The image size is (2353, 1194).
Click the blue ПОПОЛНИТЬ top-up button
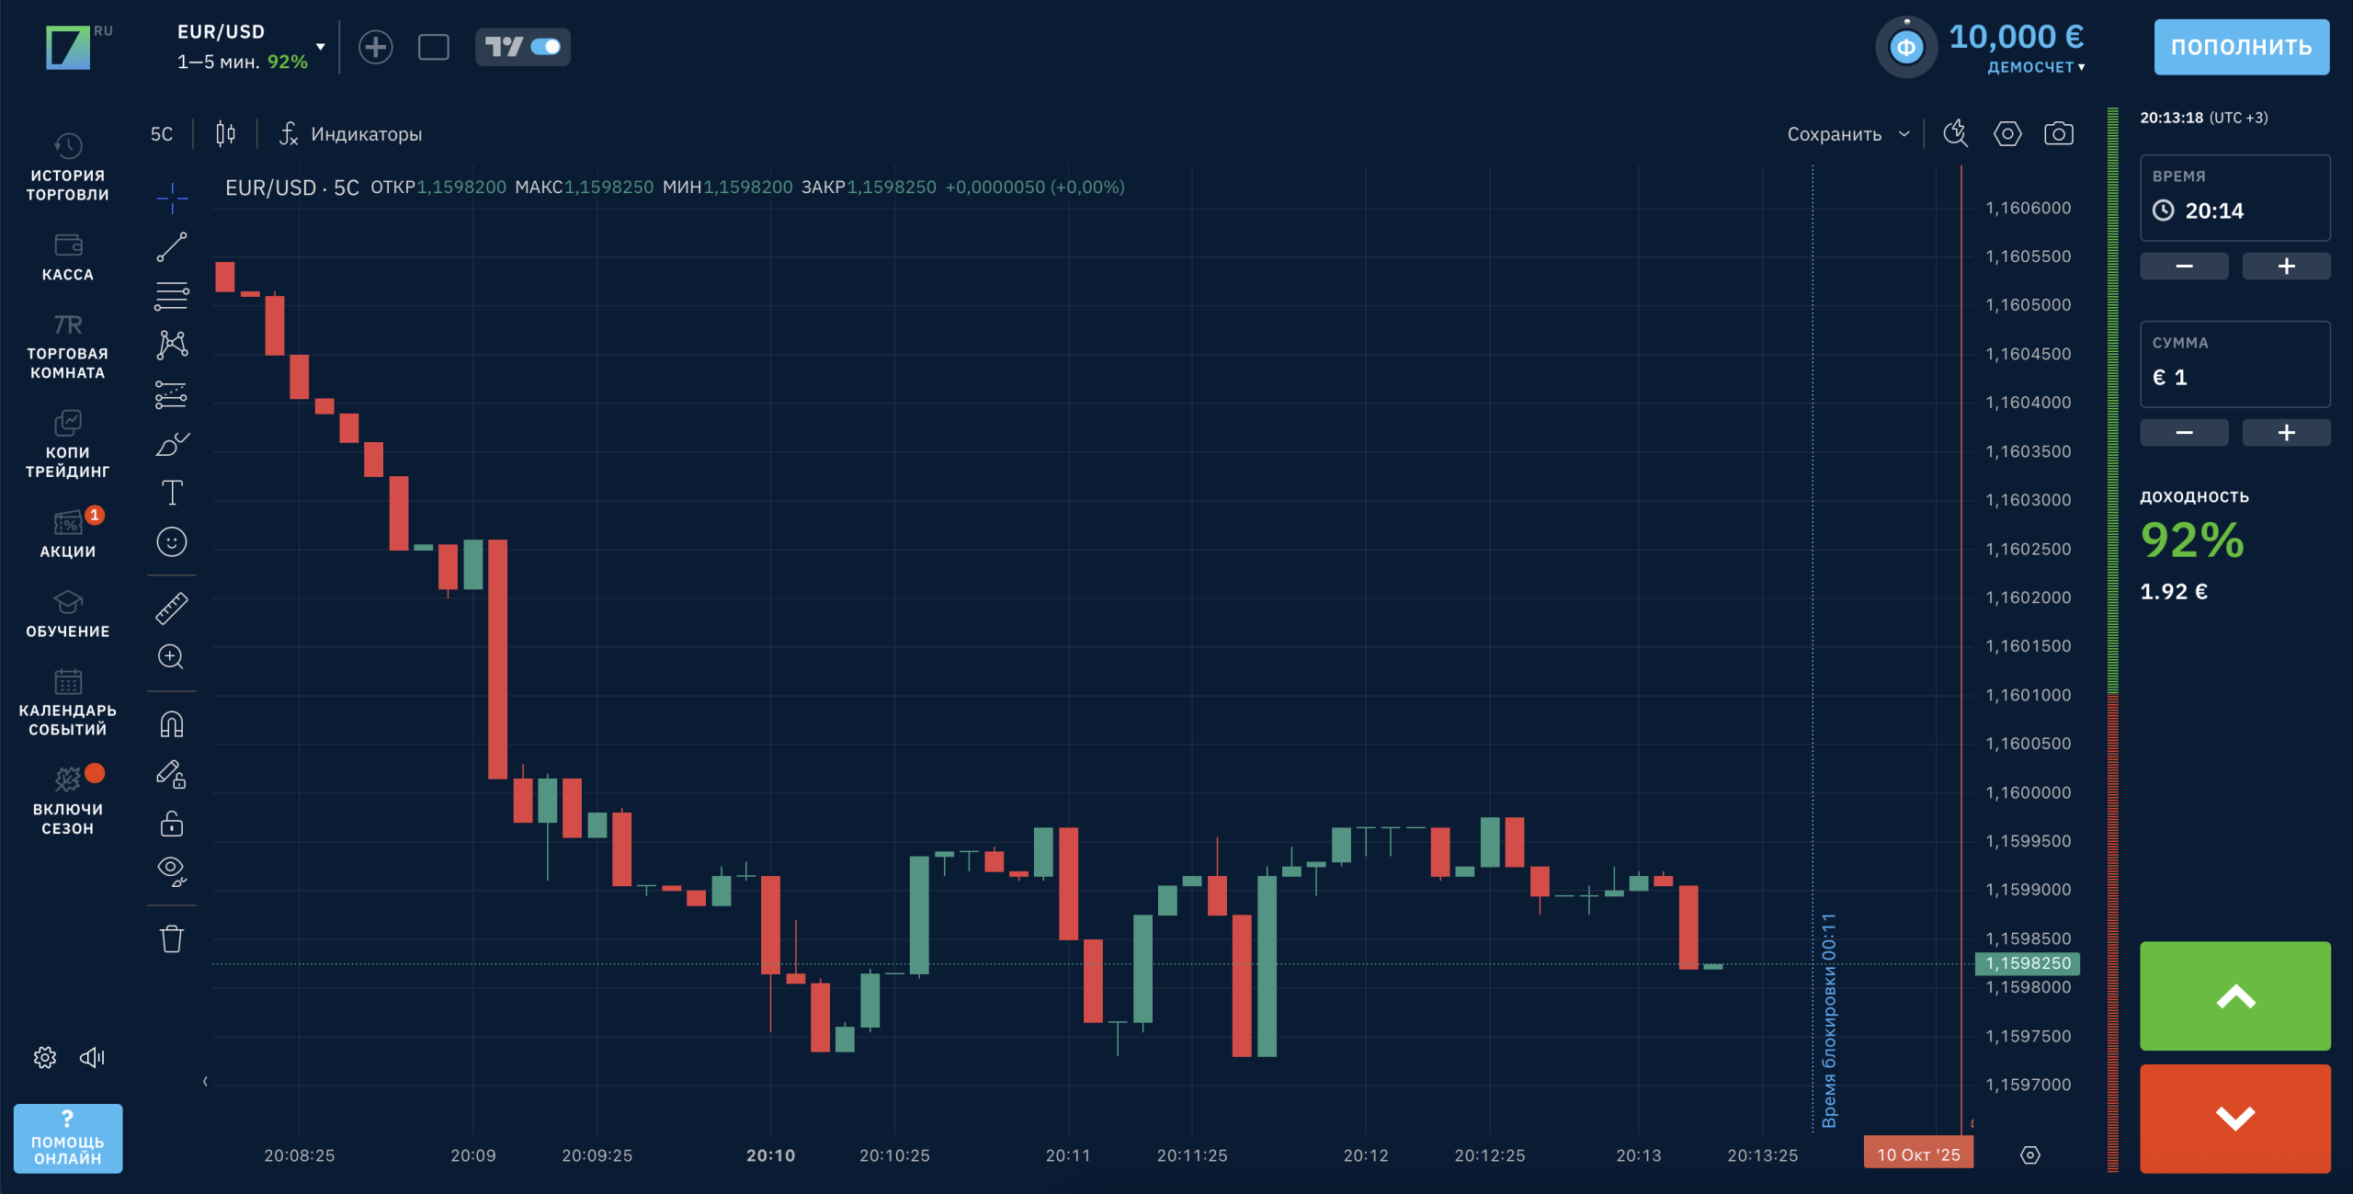coord(2240,47)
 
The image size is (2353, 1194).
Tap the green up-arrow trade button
coord(2234,995)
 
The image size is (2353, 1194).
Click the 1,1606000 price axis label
coord(2028,209)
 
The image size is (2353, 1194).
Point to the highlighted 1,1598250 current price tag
coord(2028,963)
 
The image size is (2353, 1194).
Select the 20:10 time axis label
coord(770,1155)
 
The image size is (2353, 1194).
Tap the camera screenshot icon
coord(2058,134)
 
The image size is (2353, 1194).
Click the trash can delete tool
coord(172,939)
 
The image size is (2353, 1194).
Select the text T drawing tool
coord(172,493)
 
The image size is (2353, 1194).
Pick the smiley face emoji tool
coord(172,542)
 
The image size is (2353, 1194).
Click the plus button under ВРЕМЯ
coord(2286,267)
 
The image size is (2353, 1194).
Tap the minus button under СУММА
coord(2184,433)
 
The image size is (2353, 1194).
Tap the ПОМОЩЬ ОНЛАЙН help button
coord(68,1139)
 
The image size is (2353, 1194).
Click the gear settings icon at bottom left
coord(45,1058)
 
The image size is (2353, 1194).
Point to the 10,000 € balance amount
coord(2016,37)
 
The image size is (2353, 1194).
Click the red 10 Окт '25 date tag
coord(1917,1154)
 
